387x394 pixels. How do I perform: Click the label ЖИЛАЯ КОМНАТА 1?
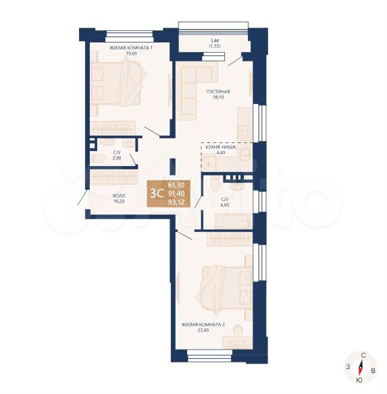point(131,47)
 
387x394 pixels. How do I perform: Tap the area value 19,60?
point(131,53)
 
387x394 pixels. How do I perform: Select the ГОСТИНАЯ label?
point(218,92)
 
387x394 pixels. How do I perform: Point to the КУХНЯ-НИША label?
point(221,147)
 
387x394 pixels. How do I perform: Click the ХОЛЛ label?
point(119,196)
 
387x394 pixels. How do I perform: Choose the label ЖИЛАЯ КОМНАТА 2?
point(203,325)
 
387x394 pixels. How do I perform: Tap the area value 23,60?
point(203,330)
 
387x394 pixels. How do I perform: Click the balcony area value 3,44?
point(215,40)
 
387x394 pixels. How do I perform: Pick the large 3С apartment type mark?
point(156,193)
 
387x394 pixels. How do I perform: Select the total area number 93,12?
point(176,202)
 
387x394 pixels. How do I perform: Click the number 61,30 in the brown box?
point(176,185)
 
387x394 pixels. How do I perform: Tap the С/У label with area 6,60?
point(225,199)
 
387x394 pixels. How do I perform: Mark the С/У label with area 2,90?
point(117,152)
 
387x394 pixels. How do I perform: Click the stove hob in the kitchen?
point(245,134)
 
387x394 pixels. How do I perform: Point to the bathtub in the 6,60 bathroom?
point(233,221)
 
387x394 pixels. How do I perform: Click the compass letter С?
point(363,356)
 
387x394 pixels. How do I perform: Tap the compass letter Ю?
point(359,381)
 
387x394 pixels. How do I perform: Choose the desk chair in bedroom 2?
point(238,329)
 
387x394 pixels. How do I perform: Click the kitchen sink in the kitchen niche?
point(245,154)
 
